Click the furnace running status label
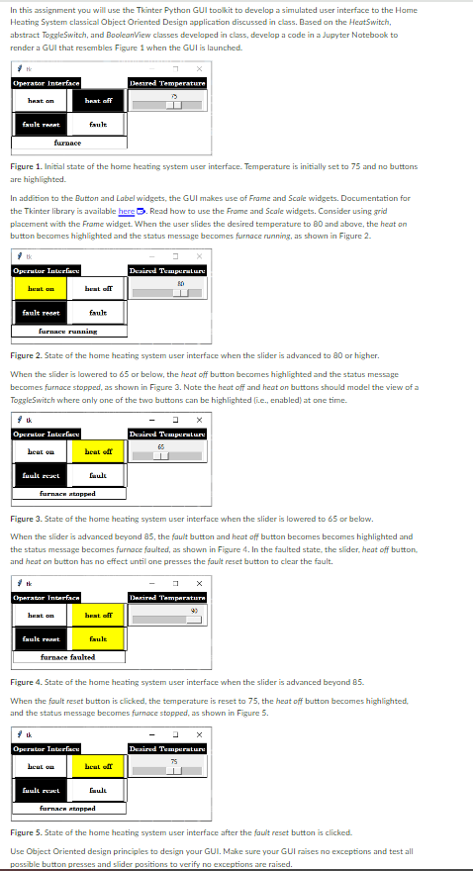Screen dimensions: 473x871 tap(67, 332)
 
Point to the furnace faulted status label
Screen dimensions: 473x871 tap(67, 656)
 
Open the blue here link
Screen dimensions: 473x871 tap(126, 211)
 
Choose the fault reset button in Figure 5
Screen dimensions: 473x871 tap(41, 791)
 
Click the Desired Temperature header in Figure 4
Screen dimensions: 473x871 tap(166, 597)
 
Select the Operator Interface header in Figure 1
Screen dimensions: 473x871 tap(46, 83)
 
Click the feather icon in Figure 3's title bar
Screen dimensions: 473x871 tap(17, 420)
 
